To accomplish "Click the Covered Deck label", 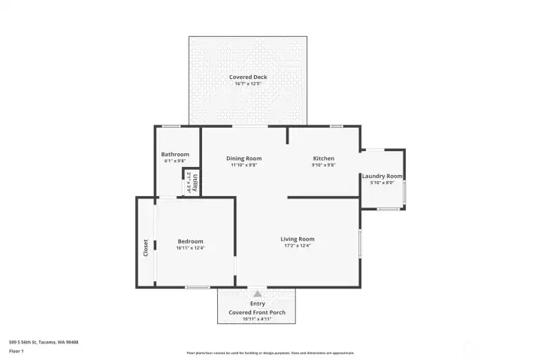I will (x=248, y=77).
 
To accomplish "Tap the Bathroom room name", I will (x=175, y=154).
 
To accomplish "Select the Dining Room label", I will (x=243, y=158).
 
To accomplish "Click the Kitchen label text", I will (x=323, y=158).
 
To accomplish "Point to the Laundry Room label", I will (x=382, y=176).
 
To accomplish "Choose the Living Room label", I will (x=298, y=239).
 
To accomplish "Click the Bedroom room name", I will (x=190, y=241).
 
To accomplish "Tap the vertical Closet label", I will (x=146, y=248).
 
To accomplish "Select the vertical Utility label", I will (x=195, y=183).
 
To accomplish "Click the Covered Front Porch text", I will (x=257, y=311).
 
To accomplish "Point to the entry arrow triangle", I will (x=257, y=294).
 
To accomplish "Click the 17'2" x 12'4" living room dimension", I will (x=298, y=246).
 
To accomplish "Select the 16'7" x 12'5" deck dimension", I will (x=248, y=83).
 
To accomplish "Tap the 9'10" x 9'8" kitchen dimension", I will (x=323, y=165).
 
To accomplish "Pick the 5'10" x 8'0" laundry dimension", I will (x=382, y=183).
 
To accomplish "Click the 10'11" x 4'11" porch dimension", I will (x=257, y=319).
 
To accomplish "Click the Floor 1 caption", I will (x=17, y=350).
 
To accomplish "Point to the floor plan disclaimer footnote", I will (x=270, y=352).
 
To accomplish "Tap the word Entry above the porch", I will (x=257, y=304).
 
